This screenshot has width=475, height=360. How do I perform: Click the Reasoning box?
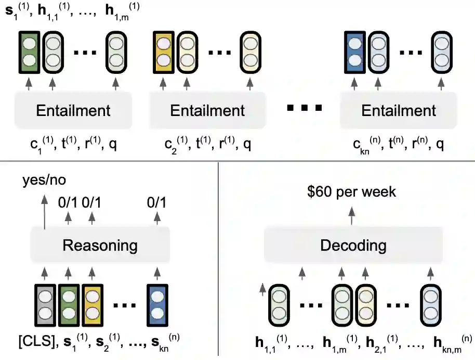pos(100,246)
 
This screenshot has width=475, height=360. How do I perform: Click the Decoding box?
pos(353,246)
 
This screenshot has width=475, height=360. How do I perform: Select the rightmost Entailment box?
pos(398,110)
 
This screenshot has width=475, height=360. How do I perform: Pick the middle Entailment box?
pos(207,110)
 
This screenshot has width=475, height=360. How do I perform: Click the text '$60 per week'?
pos(352,191)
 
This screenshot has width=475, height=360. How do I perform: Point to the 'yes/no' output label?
pos(44,181)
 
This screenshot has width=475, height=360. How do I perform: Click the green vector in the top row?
pos(28,52)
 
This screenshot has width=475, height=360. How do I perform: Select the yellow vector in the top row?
pos(163,52)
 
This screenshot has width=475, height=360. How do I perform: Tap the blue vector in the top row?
pos(354,52)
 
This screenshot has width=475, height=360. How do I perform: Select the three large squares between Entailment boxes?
pos(304,109)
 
